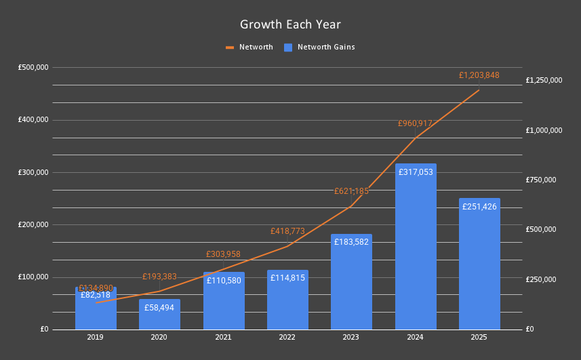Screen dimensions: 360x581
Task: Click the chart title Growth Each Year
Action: pyautogui.click(x=290, y=24)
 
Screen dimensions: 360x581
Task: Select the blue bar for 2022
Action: pyautogui.click(x=287, y=305)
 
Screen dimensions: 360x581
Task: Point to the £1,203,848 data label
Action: pyautogui.click(x=479, y=75)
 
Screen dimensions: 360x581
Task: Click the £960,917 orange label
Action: pyautogui.click(x=415, y=123)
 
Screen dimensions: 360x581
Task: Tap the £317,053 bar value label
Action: pyautogui.click(x=416, y=172)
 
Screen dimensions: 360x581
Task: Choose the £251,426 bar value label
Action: pyautogui.click(x=479, y=207)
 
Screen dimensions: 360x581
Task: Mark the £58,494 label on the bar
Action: pyautogui.click(x=160, y=308)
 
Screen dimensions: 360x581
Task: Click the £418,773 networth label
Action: pyautogui.click(x=287, y=231)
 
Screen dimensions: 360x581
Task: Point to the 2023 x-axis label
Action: pyautogui.click(x=351, y=337)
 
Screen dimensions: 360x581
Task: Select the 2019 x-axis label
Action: pyautogui.click(x=96, y=337)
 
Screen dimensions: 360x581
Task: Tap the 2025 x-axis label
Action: pyautogui.click(x=479, y=337)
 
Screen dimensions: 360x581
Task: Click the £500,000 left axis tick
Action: pyautogui.click(x=33, y=68)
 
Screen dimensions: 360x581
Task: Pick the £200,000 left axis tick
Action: pyautogui.click(x=33, y=224)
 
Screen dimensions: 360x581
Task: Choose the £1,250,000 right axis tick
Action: pyautogui.click(x=544, y=80)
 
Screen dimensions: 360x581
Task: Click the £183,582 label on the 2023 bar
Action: pyautogui.click(x=351, y=242)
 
